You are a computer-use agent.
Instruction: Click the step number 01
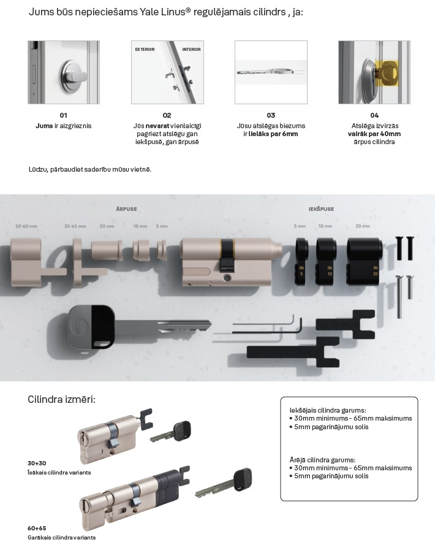64,115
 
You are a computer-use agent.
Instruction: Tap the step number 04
374,115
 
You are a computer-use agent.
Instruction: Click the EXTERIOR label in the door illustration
145,50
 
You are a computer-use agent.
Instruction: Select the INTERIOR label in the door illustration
191,50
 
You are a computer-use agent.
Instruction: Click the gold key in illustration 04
387,74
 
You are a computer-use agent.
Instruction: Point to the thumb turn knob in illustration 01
74,77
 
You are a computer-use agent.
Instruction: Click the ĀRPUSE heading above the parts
127,209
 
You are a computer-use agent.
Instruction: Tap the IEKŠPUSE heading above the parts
321,209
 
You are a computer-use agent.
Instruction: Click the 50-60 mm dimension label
26,226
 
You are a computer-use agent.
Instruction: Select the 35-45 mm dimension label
75,226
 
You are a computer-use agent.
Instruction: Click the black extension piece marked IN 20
365,261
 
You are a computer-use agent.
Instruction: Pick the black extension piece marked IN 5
301,261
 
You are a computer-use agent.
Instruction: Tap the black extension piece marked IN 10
326,261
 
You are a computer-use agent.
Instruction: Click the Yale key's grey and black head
91,327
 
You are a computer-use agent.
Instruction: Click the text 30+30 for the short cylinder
37,464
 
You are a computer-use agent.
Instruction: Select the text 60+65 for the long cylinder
37,529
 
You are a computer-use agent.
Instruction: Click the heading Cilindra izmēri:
61,400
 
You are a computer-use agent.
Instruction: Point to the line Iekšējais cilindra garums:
328,410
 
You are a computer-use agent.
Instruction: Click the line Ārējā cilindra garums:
322,460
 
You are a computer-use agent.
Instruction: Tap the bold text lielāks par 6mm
273,134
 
